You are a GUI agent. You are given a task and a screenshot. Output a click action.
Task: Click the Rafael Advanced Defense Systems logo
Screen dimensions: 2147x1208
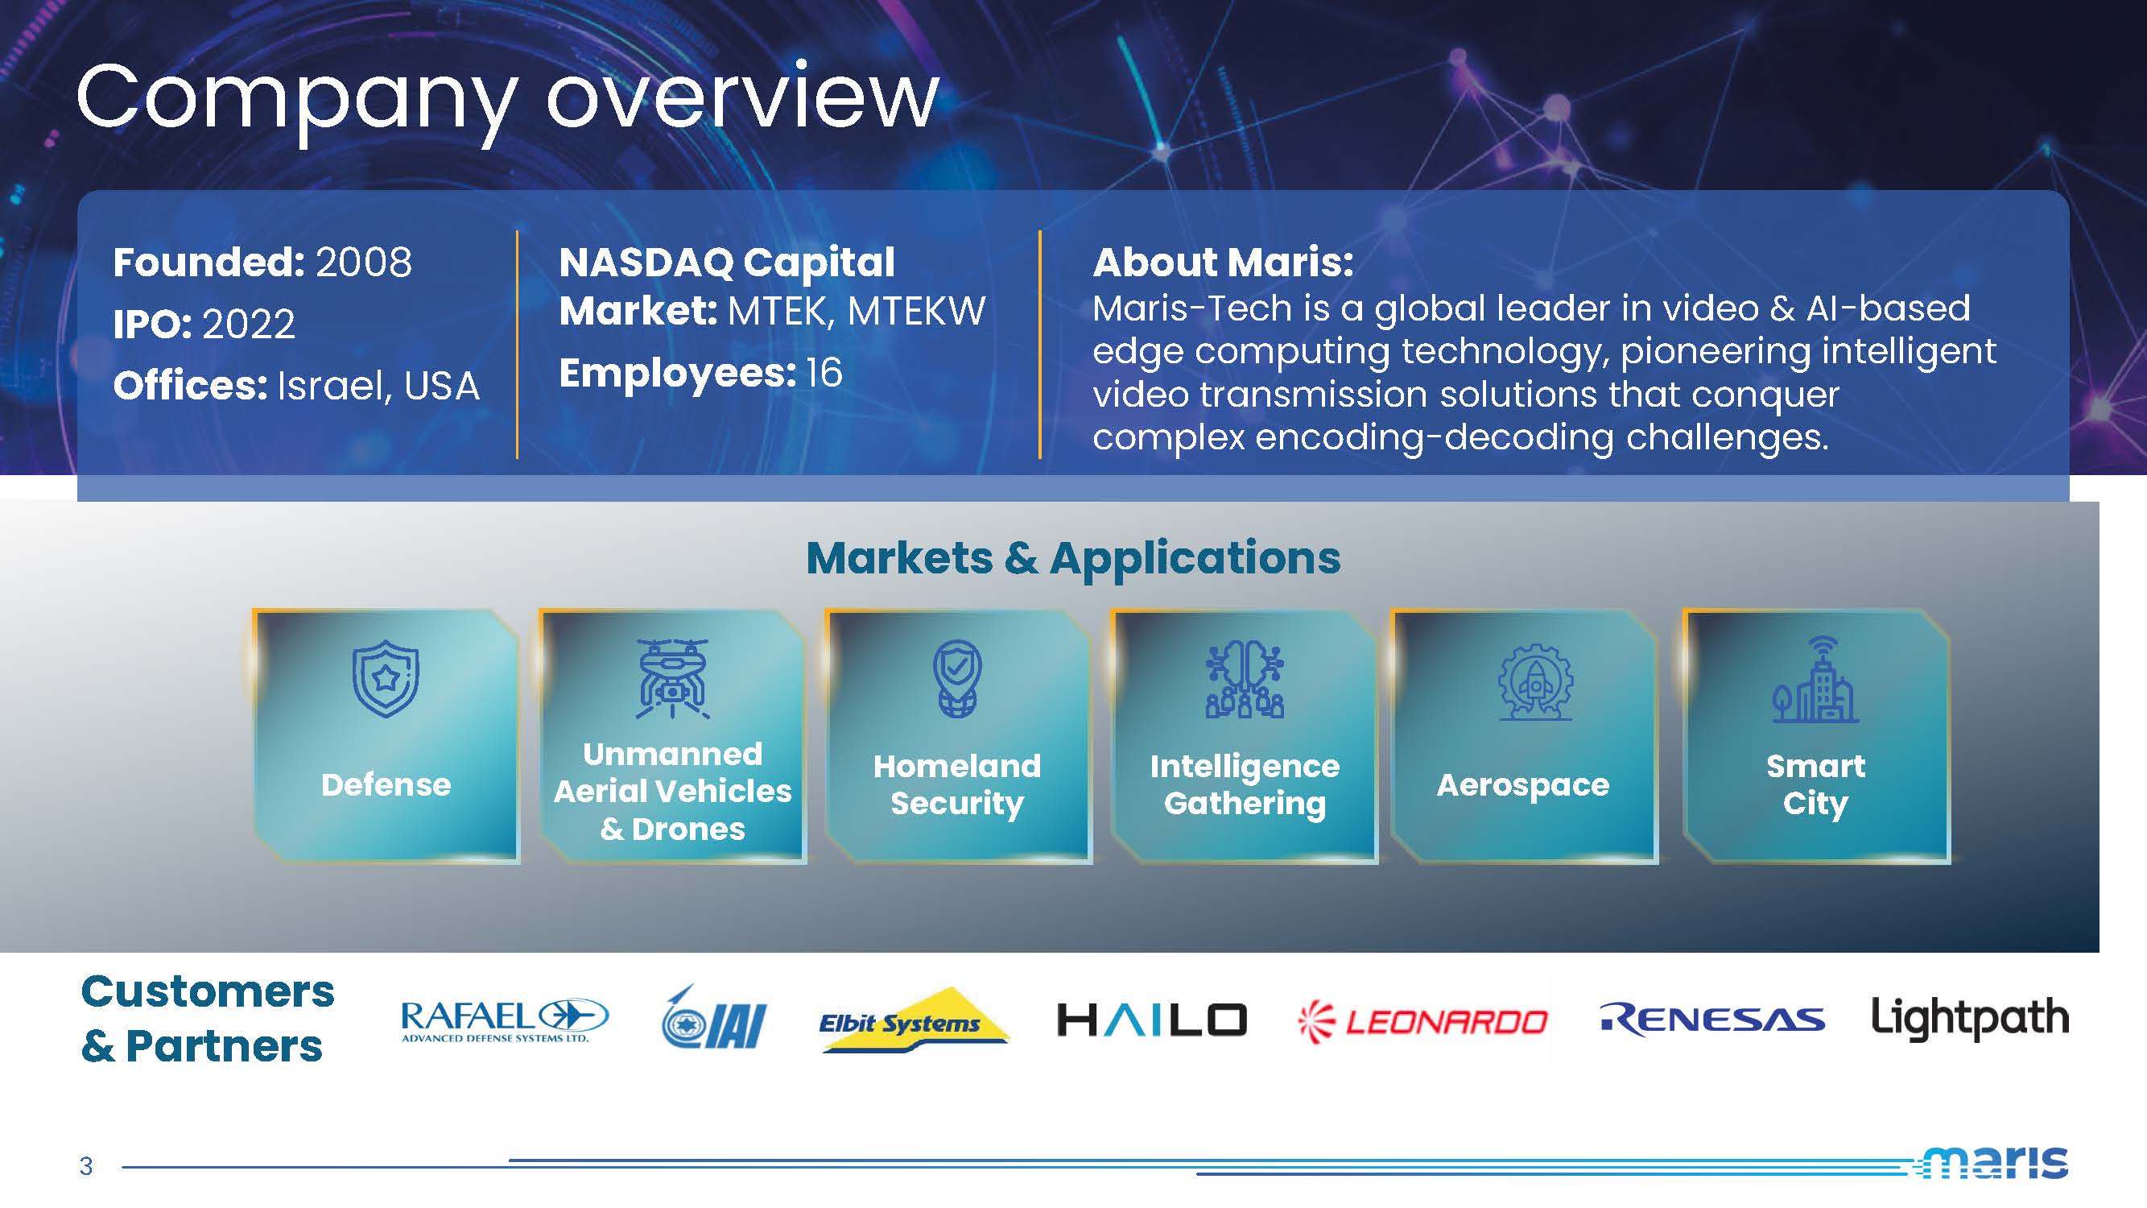(505, 1020)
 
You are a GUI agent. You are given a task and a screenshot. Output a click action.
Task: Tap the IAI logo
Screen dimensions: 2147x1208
(713, 1017)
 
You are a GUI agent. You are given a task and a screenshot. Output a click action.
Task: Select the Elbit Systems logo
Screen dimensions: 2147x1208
(915, 1020)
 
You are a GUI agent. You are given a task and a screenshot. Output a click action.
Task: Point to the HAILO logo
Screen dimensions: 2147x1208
(1152, 1020)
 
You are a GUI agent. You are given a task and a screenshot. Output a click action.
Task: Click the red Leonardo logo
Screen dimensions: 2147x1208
(1422, 1021)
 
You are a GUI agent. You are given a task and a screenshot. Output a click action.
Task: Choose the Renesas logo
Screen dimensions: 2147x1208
(1712, 1020)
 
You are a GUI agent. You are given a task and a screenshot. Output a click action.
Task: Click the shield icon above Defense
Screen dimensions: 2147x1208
(385, 679)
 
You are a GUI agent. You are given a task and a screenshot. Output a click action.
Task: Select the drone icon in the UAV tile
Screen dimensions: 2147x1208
(671, 679)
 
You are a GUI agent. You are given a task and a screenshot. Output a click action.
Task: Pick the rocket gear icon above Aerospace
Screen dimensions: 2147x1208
(1535, 681)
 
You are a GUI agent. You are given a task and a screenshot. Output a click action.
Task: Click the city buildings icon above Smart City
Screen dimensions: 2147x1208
(1815, 679)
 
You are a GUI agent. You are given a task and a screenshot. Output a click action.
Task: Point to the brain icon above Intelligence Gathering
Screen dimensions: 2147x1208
(1245, 680)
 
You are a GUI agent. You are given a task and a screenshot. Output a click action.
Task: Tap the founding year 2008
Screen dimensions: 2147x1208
(363, 263)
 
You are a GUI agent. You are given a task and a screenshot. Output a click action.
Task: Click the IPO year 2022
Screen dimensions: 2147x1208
(249, 324)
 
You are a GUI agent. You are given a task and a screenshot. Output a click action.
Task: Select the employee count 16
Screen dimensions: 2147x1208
(824, 373)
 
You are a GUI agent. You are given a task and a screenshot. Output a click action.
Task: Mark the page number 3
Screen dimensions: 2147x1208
(86, 1166)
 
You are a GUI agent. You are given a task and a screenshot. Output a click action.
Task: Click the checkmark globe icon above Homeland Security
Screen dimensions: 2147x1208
(957, 679)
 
